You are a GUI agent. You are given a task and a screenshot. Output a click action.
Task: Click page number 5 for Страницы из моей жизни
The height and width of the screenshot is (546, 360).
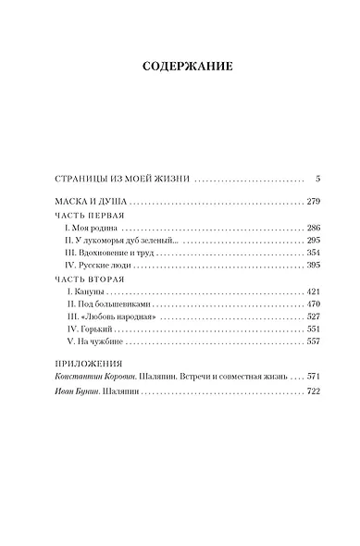point(317,178)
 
